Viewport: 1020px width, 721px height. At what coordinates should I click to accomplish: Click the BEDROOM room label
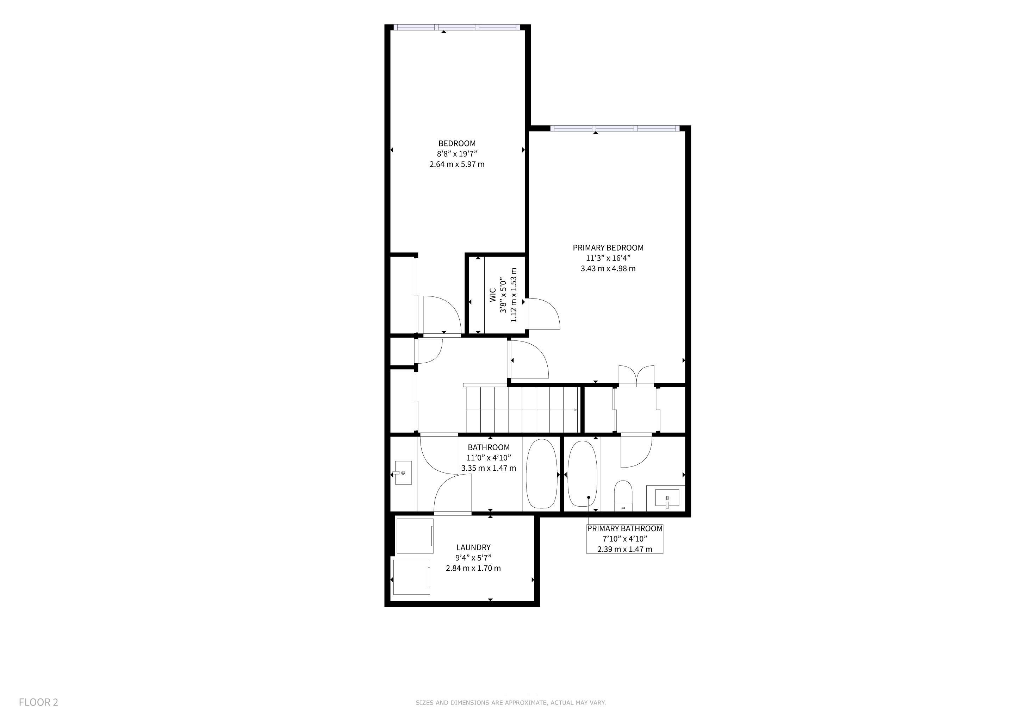457,143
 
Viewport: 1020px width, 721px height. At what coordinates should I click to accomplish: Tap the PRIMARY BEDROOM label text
608,248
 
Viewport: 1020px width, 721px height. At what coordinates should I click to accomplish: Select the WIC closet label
493,295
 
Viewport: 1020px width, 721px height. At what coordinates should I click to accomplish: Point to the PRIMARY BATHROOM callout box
624,539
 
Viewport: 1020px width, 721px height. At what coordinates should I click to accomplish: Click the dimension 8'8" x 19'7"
457,153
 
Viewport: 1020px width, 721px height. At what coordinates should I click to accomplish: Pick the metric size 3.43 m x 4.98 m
608,269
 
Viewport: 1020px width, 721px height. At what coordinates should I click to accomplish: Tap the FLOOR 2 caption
38,702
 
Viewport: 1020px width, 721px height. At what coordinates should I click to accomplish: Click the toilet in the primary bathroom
623,495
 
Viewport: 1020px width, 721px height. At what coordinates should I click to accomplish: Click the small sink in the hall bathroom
403,473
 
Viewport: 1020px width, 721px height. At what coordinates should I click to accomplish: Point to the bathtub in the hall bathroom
541,474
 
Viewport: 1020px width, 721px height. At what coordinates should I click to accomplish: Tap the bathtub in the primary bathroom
583,474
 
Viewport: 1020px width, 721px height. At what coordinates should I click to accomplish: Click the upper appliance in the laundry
415,536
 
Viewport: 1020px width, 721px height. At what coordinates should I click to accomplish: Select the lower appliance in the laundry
412,577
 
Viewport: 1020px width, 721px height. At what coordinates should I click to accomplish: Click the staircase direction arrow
522,410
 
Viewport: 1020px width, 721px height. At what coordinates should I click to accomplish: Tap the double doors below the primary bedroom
636,375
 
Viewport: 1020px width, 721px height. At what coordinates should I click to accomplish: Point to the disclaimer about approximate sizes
510,703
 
